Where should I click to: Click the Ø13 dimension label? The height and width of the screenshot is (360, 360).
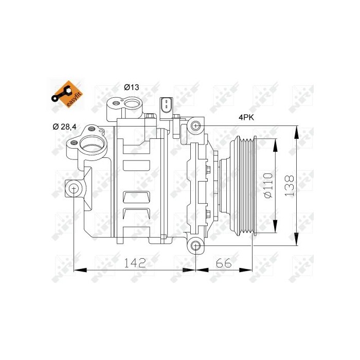coord(132,87)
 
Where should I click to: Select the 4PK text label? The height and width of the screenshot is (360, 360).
coord(246,117)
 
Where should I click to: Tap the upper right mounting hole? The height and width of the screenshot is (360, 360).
coord(195,125)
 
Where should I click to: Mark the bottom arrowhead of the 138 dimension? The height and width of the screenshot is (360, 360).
coord(296,240)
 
